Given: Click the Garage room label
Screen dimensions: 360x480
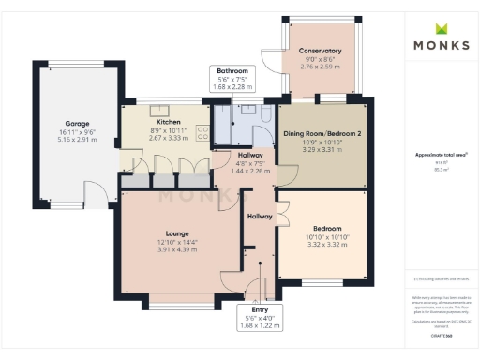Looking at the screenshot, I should click(x=77, y=123).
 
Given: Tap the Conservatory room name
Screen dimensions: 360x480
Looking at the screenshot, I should click(x=320, y=51).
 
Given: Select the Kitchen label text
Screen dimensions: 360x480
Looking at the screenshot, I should click(x=169, y=122).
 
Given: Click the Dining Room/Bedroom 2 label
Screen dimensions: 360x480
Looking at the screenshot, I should click(x=322, y=133).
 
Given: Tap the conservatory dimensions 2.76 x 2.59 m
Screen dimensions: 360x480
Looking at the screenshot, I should click(x=320, y=66).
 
